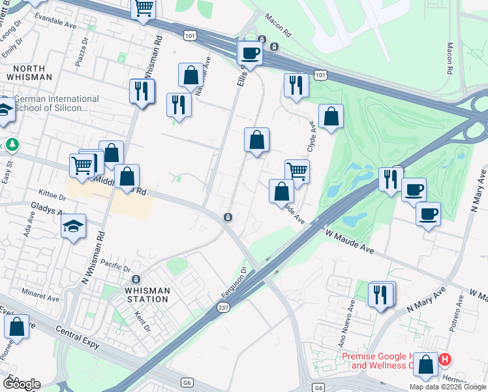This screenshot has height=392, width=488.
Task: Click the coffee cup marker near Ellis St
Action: pos(249,52)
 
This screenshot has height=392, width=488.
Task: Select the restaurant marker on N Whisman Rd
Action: pos(142,91)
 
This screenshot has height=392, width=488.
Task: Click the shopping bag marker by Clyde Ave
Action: pos(331,117)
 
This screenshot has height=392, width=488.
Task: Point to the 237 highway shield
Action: pos(224,306)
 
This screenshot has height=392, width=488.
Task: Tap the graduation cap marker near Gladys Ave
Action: pos(74,227)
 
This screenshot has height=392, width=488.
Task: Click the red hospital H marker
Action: pos(445,359)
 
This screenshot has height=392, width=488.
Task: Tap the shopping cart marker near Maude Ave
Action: pos(297,172)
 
